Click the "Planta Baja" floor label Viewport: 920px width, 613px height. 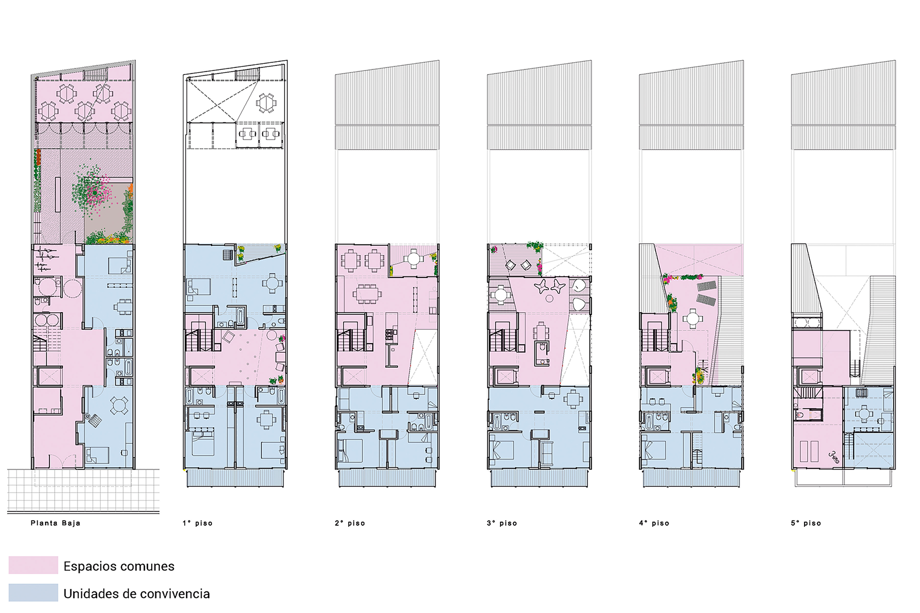55,523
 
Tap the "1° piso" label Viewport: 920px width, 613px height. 198,523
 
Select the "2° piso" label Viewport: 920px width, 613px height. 350,523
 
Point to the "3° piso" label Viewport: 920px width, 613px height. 502,523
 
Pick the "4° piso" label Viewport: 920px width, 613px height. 654,523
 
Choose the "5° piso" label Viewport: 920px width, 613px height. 806,523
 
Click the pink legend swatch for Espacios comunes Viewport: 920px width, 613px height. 33,565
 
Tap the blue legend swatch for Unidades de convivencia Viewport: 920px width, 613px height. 33,593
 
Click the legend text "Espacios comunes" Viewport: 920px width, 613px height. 119,566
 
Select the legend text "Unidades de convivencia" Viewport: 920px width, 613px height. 136,593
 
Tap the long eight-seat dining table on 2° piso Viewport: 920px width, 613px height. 367,293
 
